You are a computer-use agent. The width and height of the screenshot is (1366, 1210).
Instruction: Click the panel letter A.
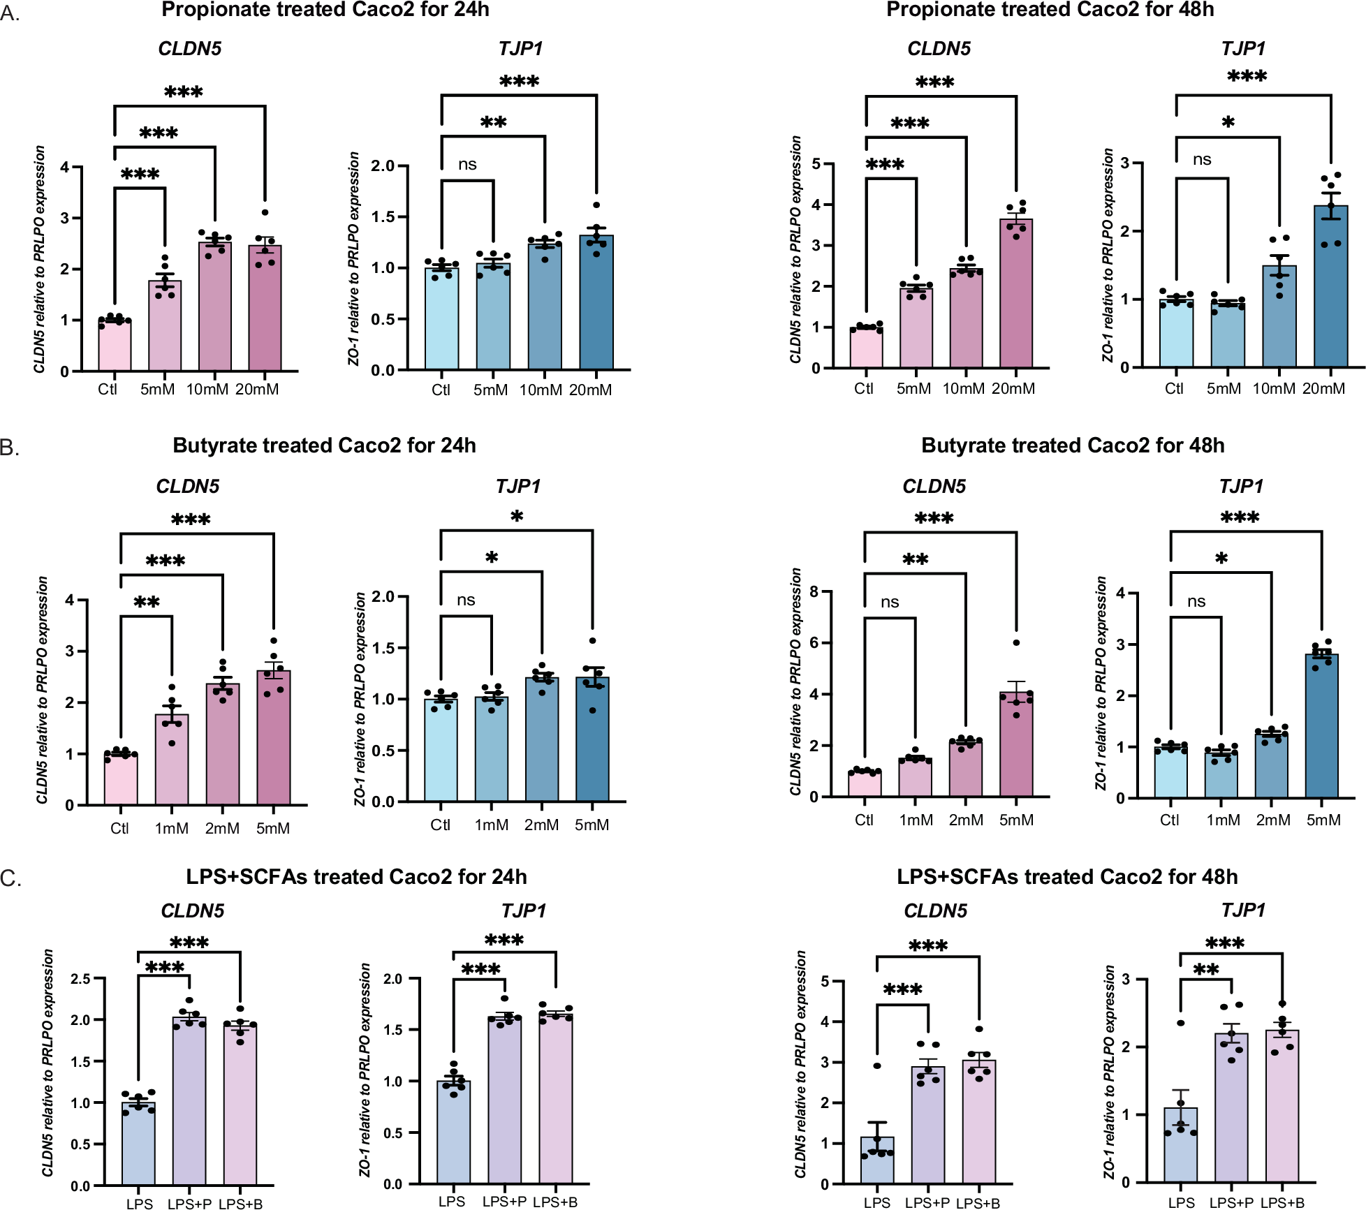10,13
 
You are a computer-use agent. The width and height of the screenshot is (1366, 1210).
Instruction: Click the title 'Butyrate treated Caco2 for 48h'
1072,445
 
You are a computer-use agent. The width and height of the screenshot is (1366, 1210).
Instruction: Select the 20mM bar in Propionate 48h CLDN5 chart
1016,293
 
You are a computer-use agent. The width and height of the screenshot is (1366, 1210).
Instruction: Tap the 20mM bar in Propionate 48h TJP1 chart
1331,286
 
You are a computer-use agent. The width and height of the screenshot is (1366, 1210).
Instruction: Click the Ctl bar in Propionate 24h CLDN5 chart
115,346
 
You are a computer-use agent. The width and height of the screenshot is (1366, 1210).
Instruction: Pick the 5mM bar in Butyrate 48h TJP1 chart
1322,726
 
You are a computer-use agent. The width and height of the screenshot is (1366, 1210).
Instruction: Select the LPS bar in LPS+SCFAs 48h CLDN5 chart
877,1160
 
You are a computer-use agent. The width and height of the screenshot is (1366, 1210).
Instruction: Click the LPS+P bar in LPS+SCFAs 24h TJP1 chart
504,1100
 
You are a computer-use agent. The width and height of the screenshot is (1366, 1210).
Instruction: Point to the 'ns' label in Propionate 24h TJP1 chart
467,165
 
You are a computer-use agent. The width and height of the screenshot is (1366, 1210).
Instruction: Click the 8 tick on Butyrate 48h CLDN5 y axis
814,592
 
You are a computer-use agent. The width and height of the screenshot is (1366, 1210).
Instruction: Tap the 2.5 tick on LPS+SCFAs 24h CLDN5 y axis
81,979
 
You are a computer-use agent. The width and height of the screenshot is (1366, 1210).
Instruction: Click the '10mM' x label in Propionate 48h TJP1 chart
1273,389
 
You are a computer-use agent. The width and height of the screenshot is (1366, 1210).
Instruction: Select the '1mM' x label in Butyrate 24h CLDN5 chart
171,829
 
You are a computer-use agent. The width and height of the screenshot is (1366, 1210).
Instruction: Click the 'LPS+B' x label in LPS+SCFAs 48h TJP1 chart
1282,1203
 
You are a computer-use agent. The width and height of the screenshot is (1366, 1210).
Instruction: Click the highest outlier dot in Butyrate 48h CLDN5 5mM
1016,643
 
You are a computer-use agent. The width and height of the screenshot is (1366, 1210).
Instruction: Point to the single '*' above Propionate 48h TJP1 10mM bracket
1228,123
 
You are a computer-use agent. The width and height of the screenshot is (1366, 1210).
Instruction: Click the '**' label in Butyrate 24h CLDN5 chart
147,602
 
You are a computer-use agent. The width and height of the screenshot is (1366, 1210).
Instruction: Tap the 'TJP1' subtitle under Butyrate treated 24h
518,486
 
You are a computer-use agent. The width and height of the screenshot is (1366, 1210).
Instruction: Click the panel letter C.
10,878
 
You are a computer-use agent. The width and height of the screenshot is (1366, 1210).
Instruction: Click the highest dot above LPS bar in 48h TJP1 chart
1180,1023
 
